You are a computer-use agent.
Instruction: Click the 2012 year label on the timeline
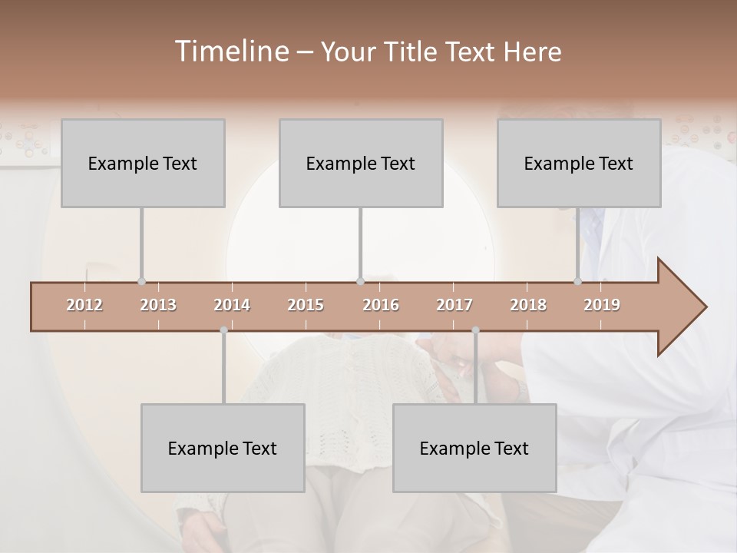tap(84, 305)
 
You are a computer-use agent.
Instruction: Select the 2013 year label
tap(158, 305)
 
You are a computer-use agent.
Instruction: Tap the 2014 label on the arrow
tap(232, 305)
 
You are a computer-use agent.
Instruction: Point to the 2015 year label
tap(306, 305)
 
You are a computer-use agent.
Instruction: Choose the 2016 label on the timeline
tap(381, 305)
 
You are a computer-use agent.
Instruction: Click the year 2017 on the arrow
tap(454, 305)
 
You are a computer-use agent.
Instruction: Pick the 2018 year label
tap(528, 305)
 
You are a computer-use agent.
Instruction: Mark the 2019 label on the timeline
tap(602, 305)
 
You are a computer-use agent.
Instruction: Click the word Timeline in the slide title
tap(230, 51)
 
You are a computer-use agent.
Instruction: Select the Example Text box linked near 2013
tap(143, 163)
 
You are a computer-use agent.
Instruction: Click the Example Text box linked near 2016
tap(361, 163)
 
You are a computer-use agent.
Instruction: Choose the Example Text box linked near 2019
tap(579, 163)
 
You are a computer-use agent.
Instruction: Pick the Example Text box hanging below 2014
tap(223, 448)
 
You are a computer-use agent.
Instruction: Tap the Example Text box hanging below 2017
tap(474, 448)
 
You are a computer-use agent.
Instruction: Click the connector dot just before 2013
tap(141, 282)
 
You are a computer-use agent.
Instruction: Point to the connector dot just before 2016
tap(360, 282)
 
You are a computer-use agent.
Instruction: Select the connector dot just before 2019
tap(578, 282)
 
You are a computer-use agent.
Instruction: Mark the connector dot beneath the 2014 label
tap(223, 330)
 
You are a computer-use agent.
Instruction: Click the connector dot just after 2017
tap(475, 330)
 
